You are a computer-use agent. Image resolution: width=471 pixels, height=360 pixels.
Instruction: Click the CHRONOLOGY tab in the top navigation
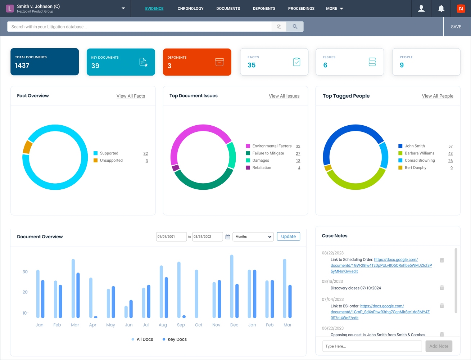pos(190,8)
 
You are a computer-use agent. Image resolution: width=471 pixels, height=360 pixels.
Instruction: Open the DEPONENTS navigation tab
pos(264,8)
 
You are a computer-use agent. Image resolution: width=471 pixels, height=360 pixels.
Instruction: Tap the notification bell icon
pos(441,9)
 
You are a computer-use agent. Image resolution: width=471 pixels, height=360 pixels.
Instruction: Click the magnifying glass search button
pos(295,27)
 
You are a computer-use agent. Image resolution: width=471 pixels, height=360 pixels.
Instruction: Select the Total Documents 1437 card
pos(45,62)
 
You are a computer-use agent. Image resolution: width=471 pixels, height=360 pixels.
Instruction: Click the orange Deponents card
pos(197,62)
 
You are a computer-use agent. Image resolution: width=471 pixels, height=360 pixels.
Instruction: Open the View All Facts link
pos(131,96)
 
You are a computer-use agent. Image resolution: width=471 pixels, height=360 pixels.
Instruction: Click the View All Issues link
pos(284,96)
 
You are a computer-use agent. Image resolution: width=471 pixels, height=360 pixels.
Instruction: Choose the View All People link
pos(437,96)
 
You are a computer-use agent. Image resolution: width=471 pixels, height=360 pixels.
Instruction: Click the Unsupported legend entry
pos(111,161)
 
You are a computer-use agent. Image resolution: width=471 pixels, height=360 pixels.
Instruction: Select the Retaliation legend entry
pos(262,168)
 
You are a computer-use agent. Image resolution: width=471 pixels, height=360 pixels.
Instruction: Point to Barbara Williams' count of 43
pos(450,153)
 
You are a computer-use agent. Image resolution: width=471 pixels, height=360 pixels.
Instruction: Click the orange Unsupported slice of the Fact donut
pos(27,147)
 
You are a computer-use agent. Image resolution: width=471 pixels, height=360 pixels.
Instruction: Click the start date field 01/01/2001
pos(171,237)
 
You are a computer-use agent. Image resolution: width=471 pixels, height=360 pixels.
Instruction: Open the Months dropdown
pos(253,237)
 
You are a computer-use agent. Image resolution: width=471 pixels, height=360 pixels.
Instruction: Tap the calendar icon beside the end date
pos(228,237)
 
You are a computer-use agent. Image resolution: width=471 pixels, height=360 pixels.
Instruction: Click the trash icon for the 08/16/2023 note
pos(442,288)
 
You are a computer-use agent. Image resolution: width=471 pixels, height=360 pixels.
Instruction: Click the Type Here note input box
pos(372,346)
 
